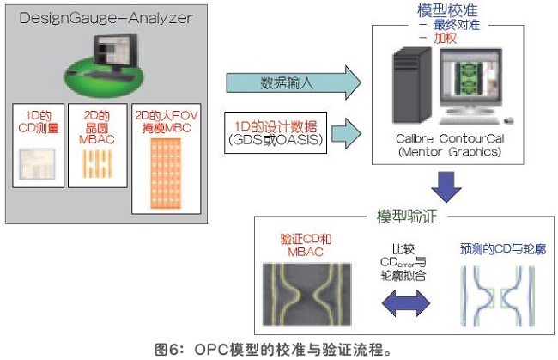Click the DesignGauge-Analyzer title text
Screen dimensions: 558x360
click(106, 18)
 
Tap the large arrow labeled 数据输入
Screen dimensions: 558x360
click(294, 83)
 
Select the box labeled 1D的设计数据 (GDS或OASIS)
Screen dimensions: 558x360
click(276, 133)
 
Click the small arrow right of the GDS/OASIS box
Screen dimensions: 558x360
click(346, 133)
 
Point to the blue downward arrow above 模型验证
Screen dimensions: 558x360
click(446, 186)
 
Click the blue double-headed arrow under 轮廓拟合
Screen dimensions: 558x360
click(406, 303)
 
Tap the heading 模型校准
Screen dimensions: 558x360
click(447, 10)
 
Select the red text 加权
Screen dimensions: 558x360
click(446, 38)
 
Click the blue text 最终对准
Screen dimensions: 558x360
click(457, 25)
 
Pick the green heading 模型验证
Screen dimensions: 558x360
click(407, 217)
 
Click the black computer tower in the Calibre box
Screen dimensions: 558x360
click(412, 85)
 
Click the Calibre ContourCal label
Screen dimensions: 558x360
click(450, 138)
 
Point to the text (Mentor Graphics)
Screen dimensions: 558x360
click(450, 152)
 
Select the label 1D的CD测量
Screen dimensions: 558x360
click(39, 122)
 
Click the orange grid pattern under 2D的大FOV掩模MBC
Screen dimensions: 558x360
click(166, 174)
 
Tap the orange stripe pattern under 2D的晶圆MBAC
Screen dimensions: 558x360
click(97, 164)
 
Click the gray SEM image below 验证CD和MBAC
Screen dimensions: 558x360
click(306, 295)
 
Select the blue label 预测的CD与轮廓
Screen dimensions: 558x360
click(503, 249)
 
